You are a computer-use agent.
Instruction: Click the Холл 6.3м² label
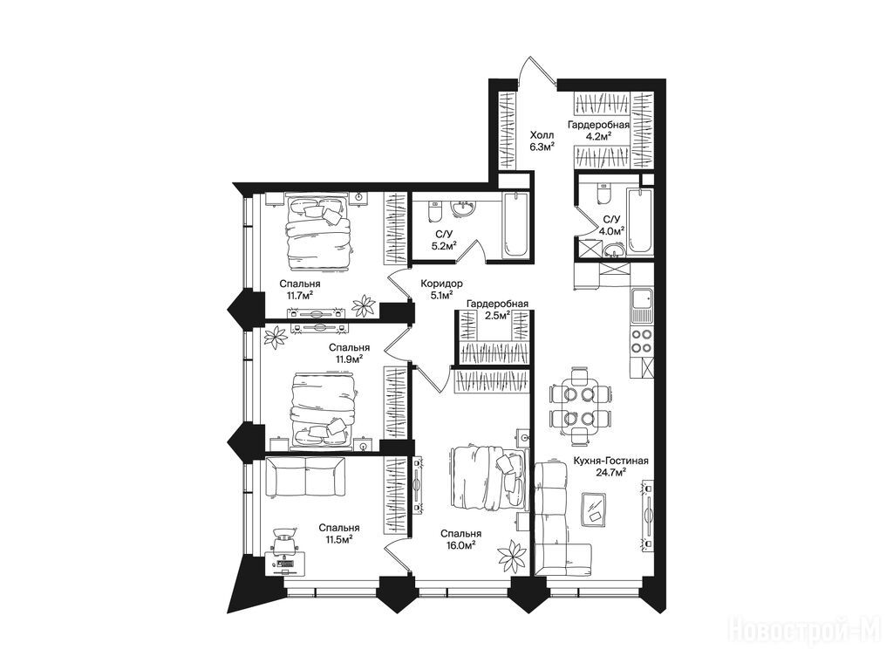[542, 140]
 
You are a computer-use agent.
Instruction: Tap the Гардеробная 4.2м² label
[598, 130]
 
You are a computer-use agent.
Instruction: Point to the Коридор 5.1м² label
[441, 289]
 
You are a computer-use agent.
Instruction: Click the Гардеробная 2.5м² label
[498, 310]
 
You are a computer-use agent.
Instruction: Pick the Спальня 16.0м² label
[460, 539]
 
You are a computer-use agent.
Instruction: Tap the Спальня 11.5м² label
[339, 533]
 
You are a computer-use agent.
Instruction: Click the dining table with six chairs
[580, 405]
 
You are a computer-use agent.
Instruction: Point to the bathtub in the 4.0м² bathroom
[639, 221]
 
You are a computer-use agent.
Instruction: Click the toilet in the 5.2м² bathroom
[434, 211]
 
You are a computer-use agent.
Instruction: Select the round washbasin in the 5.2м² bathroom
[464, 209]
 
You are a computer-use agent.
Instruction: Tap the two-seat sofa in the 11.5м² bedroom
[305, 477]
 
